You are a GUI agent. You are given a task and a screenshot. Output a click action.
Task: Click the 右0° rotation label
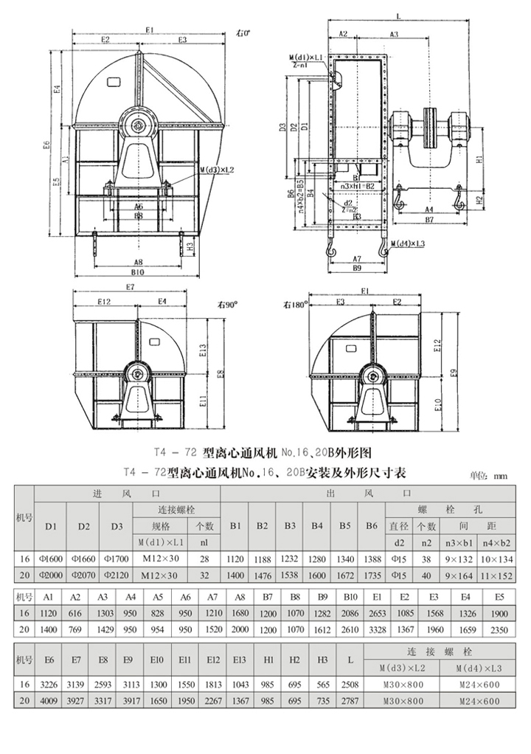click(x=243, y=33)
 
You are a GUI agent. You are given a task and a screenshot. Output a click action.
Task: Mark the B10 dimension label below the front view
click(x=138, y=273)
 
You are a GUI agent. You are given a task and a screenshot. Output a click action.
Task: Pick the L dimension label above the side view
click(x=398, y=15)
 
